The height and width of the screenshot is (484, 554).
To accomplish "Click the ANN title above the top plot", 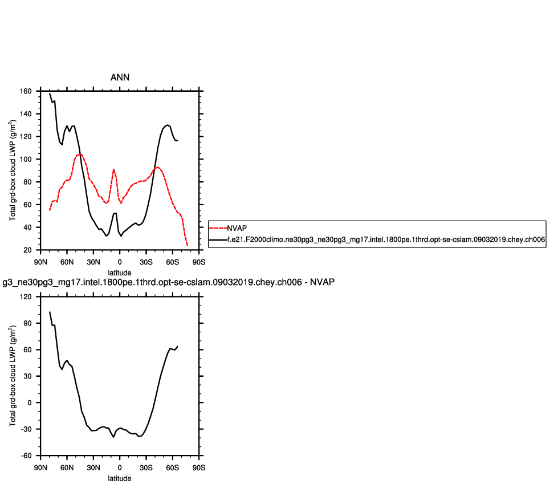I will [x=120, y=77].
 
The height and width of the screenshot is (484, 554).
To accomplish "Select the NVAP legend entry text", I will [x=237, y=227].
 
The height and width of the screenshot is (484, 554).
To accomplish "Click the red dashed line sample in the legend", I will [x=218, y=227].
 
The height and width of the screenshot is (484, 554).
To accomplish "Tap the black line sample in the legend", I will [x=218, y=241].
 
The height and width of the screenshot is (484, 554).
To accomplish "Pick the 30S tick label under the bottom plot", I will [x=146, y=467].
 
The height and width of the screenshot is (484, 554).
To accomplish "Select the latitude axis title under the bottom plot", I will [x=120, y=478].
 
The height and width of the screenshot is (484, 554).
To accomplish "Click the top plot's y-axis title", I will [x=13, y=170].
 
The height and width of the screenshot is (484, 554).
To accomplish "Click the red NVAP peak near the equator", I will [x=114, y=169].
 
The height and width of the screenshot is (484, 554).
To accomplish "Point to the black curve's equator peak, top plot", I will [x=115, y=213].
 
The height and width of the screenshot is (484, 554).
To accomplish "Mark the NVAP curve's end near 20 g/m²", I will [x=187, y=245].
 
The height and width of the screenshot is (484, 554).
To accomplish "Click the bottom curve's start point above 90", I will [x=50, y=312].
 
